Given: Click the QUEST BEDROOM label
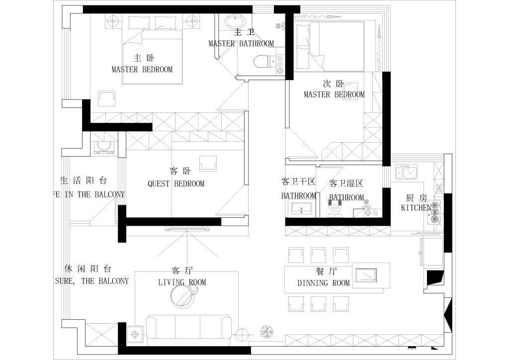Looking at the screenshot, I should coord(176,184).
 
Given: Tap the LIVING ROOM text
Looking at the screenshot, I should coord(182,282).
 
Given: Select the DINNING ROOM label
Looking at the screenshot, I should coord(324,283).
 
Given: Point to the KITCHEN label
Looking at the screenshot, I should coord(416,208).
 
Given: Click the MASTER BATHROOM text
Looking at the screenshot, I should coord(241,44).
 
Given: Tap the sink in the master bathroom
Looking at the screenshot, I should coord(235,22).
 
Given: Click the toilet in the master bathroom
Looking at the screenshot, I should coord(261,62).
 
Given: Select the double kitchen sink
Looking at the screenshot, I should coord(406,172).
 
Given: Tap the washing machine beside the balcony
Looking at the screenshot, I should coord(104,146).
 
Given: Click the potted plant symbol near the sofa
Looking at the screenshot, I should coord(267,331).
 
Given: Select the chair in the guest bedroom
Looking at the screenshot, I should coord(208,163).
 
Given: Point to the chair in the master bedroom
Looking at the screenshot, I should coord(106,98).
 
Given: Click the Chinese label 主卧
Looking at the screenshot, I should coord(141,58).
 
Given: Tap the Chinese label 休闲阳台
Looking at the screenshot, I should coord(88,269).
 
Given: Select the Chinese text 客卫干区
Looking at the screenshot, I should coord(298,182).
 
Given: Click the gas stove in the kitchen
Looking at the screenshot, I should coord(435,211).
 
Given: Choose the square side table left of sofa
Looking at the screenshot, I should coord(135,334).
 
